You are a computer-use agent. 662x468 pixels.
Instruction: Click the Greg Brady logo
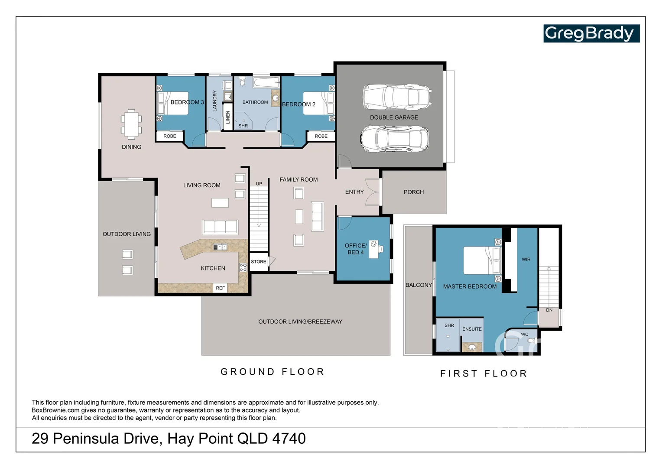click(591, 33)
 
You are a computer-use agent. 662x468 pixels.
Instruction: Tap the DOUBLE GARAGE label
click(394, 117)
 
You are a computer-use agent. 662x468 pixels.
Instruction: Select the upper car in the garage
click(396, 97)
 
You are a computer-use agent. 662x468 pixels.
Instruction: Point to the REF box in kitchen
click(221, 288)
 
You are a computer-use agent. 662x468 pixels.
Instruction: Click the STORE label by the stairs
click(259, 262)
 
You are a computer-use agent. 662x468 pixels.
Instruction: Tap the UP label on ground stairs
click(259, 184)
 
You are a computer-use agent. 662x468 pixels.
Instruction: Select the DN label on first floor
click(549, 310)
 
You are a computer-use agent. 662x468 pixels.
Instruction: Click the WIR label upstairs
click(526, 260)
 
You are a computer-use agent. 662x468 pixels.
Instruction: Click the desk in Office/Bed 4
click(374, 250)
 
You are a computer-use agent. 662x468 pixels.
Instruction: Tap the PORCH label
click(413, 192)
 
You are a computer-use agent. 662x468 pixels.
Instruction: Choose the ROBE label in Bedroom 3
click(170, 136)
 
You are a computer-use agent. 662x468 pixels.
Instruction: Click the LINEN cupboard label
click(228, 117)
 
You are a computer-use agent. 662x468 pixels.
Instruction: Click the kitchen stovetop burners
click(243, 267)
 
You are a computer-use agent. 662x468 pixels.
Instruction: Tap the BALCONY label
click(419, 285)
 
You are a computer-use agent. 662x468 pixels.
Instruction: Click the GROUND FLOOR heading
click(272, 372)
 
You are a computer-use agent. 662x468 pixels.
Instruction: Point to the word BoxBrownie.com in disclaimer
click(55, 410)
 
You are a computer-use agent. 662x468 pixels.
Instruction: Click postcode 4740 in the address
click(289, 439)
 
